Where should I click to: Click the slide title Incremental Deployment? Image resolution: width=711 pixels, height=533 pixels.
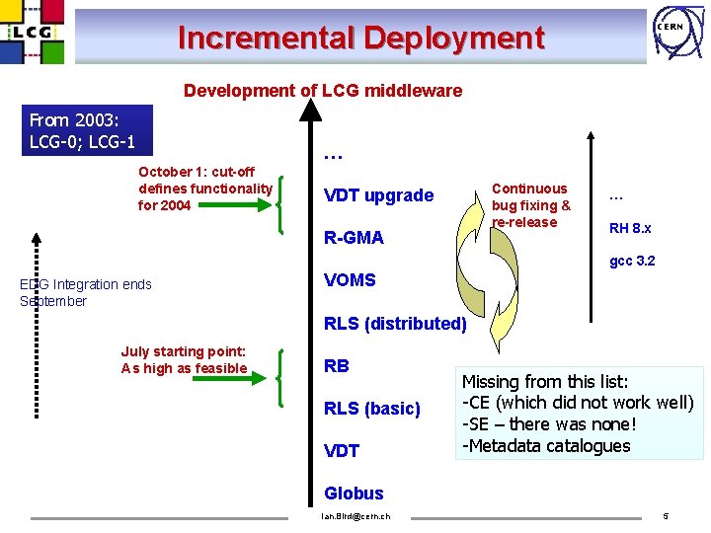coord(360,38)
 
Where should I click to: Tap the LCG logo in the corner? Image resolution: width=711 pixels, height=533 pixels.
coord(33,32)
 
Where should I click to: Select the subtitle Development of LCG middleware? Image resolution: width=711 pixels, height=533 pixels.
coord(322,91)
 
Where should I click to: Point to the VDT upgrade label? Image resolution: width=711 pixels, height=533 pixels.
coord(378,195)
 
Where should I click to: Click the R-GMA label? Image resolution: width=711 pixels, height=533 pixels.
coord(354,238)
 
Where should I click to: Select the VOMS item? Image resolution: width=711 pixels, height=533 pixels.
coord(350,280)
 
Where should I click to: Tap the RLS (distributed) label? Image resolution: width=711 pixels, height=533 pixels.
coord(395,324)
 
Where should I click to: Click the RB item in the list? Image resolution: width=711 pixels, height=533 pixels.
coord(337,366)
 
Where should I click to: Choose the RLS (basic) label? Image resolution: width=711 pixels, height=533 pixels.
coord(372,409)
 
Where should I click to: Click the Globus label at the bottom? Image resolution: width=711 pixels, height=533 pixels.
coord(354,494)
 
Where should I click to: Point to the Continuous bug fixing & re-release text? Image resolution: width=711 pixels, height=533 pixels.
coord(530,205)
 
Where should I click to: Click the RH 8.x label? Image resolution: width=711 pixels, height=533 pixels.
coord(630,229)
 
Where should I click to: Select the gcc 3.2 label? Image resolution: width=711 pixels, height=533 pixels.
coord(632,262)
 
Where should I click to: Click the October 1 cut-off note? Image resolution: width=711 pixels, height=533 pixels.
coord(204,189)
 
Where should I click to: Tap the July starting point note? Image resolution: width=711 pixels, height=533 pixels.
coord(184,360)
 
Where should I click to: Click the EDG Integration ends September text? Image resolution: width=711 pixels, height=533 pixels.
coord(85,293)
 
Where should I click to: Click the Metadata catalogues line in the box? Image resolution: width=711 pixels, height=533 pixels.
coord(546,446)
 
